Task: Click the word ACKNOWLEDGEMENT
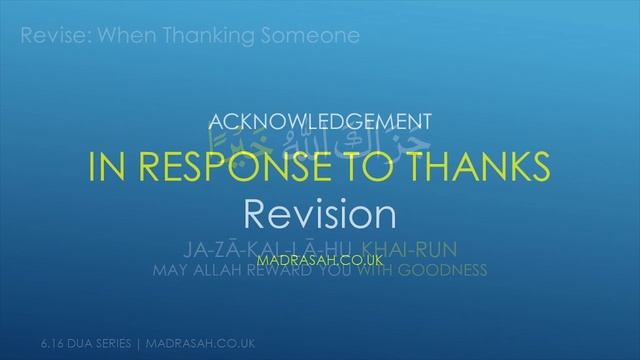click(x=319, y=122)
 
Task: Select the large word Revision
click(x=319, y=213)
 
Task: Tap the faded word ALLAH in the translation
click(x=221, y=270)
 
